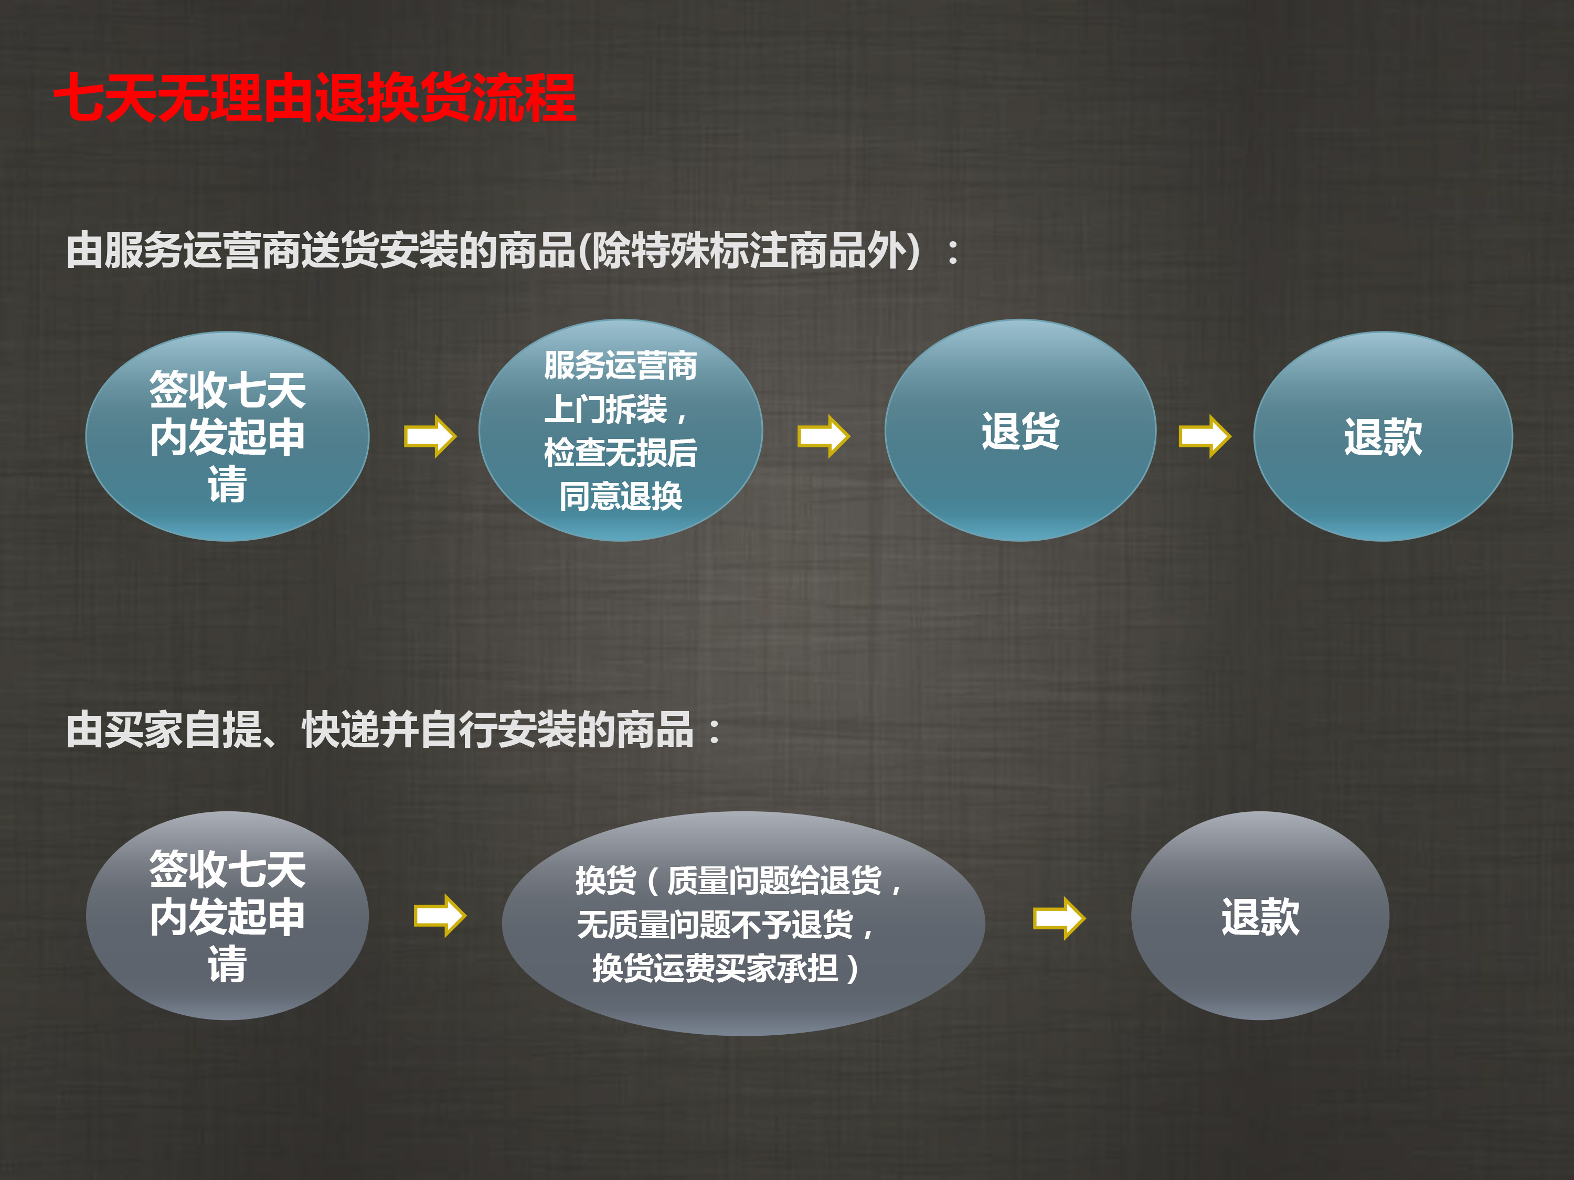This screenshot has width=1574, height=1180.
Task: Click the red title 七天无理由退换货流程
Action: [315, 98]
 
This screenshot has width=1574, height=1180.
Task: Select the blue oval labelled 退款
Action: [1382, 436]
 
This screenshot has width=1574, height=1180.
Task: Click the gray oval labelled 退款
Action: [1260, 915]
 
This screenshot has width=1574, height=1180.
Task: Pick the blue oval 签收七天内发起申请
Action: [227, 436]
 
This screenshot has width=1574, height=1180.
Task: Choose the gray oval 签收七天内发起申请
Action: [227, 915]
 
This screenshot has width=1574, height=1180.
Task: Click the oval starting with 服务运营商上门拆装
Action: [621, 431]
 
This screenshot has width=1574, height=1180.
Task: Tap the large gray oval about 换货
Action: [743, 923]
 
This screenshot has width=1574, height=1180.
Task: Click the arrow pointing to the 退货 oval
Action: [823, 436]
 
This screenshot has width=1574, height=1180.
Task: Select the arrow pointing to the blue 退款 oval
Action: [1205, 436]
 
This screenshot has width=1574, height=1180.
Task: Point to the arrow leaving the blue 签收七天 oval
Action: [430, 436]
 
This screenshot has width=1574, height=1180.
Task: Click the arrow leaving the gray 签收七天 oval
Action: [440, 915]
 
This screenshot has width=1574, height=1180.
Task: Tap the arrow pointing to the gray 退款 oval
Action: [1059, 918]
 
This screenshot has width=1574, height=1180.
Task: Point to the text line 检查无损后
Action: [621, 453]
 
